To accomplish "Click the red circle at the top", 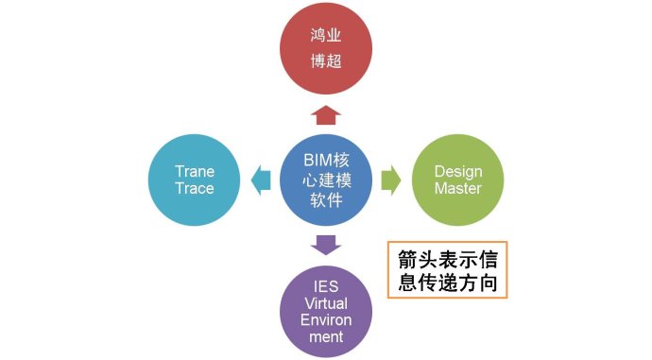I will click(x=325, y=50).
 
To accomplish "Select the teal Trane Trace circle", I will click(x=195, y=180).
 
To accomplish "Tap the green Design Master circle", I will click(x=457, y=180).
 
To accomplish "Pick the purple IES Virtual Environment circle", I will click(x=326, y=309).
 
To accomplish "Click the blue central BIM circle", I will click(x=326, y=180).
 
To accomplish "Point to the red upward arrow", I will click(x=326, y=115).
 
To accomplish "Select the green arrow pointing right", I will click(x=390, y=180).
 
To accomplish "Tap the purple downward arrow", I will click(x=326, y=245).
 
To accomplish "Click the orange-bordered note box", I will click(x=449, y=270).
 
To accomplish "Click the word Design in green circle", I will click(x=457, y=171).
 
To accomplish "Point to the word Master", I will click(x=457, y=188).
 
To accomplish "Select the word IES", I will click(x=326, y=283).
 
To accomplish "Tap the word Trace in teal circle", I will click(x=195, y=188).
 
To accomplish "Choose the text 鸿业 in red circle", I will click(x=325, y=37).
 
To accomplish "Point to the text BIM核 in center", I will click(x=326, y=161).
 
